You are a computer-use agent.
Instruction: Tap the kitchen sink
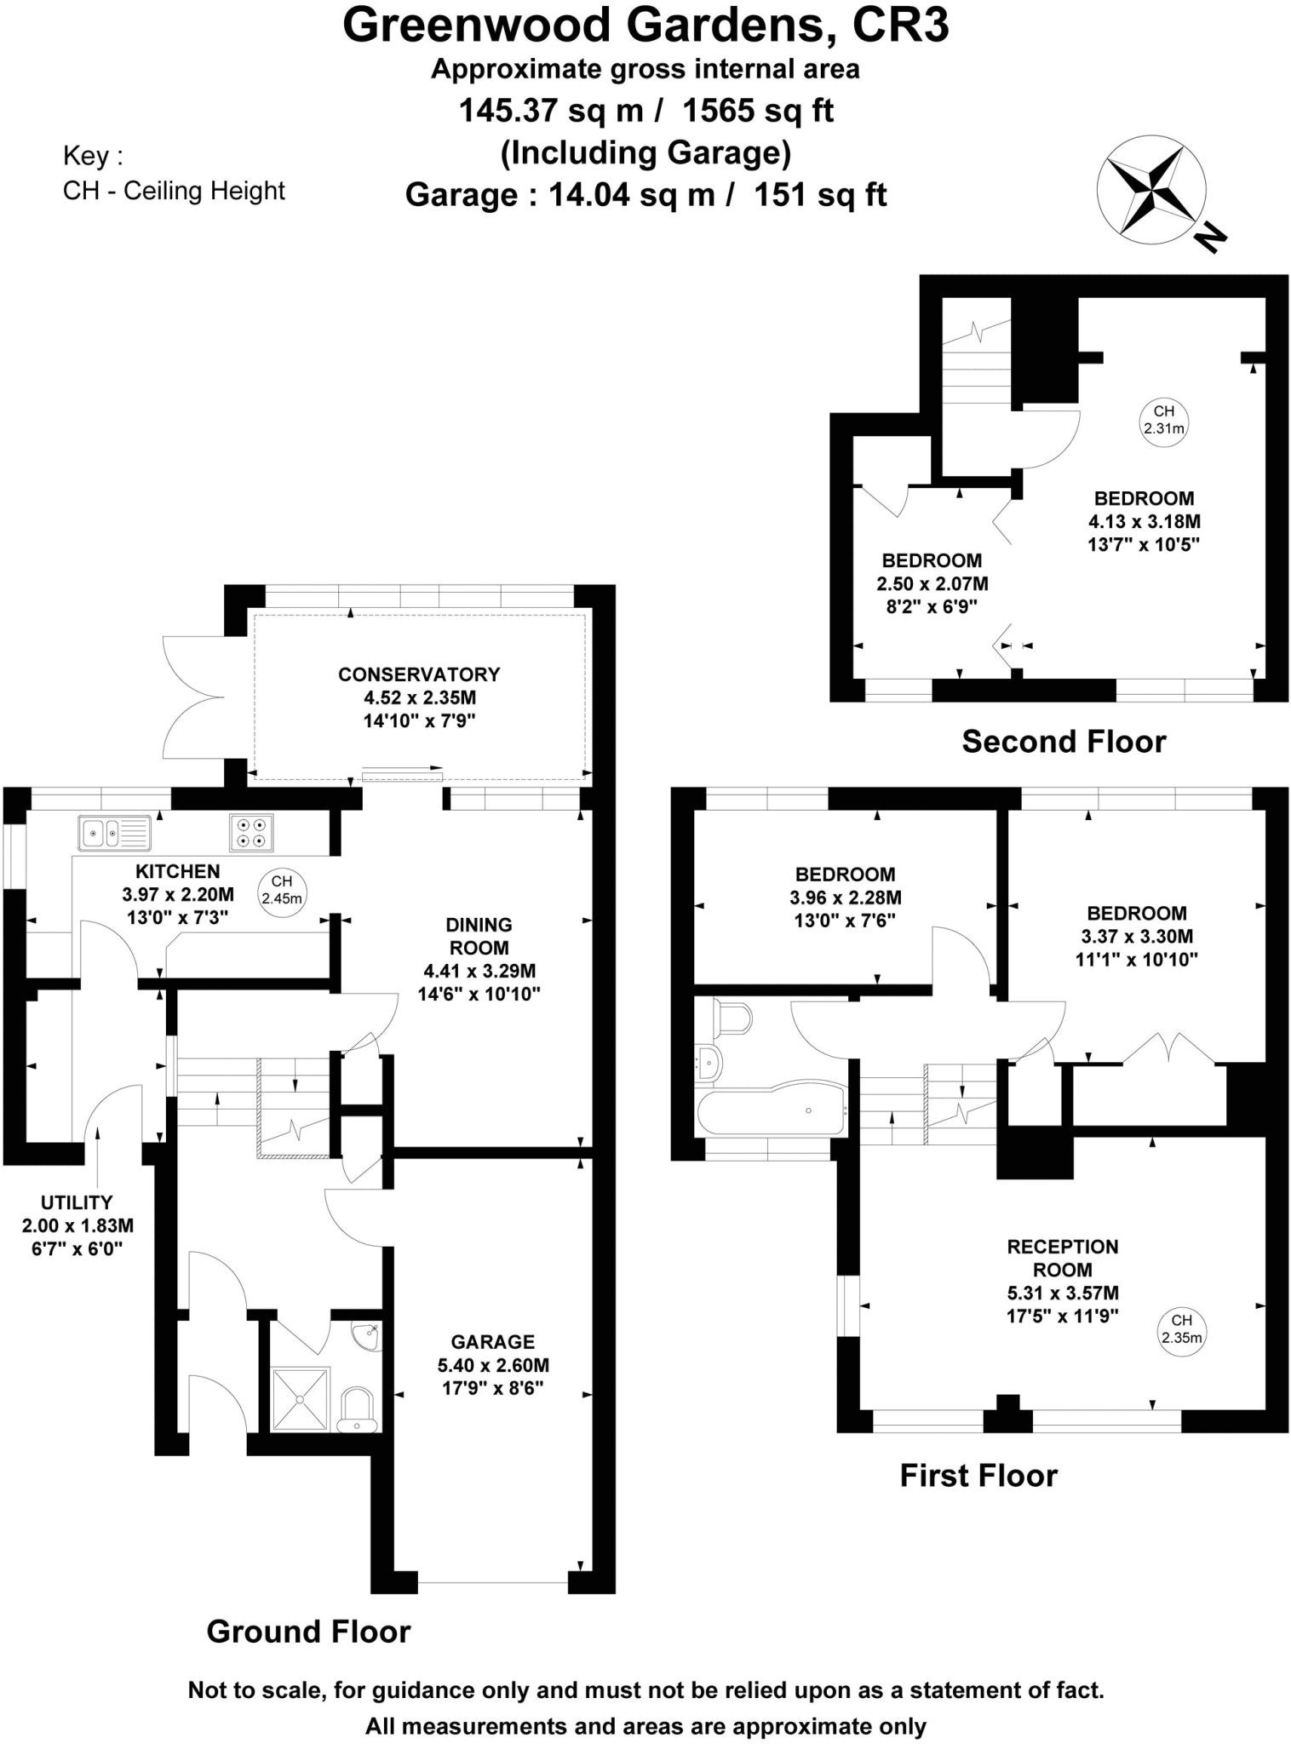coord(115,832)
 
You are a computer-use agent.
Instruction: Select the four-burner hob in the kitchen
coord(251,833)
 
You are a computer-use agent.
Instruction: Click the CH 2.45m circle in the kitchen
coord(281,892)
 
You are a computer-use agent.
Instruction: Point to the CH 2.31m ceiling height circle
coord(1163,420)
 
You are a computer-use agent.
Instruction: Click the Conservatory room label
coord(419,674)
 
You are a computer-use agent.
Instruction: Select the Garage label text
coord(493,1341)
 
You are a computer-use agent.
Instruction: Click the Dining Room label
coord(479,936)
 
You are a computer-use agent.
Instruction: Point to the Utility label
coord(77,1202)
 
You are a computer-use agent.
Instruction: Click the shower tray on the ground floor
coord(300,1398)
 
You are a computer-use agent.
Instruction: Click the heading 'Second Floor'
coord(1064,742)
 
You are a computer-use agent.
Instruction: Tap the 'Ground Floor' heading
coord(308,1632)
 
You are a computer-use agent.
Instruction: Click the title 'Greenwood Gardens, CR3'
coord(645,26)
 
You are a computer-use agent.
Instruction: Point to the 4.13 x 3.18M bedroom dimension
coord(1144,521)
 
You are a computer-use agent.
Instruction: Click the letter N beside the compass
coord(1210,238)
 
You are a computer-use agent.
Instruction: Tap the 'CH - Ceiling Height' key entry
coord(174,191)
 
